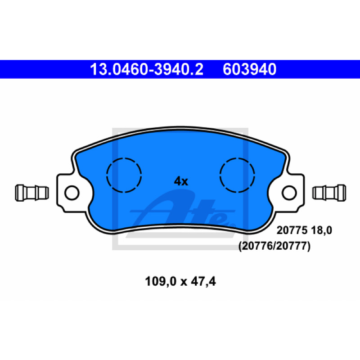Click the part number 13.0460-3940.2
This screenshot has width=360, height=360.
147,69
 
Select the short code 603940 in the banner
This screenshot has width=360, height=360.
249,69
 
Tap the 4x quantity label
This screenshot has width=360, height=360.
181,181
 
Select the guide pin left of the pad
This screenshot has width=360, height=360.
31,193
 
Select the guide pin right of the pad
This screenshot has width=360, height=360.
329,193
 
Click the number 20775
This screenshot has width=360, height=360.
292,230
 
